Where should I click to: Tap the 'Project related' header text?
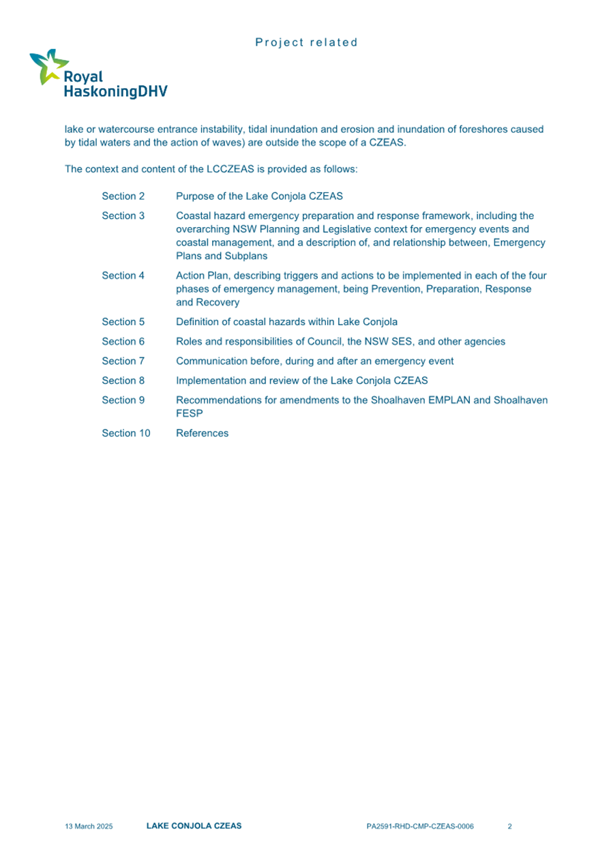[x=306, y=42]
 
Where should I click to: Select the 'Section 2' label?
[x=123, y=196]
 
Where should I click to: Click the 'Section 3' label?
[x=123, y=216]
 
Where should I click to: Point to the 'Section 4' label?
[x=123, y=275]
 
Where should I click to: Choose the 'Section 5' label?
[x=123, y=321]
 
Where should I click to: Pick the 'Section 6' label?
[x=123, y=341]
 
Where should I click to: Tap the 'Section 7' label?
[x=123, y=361]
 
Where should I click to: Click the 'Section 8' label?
[x=123, y=380]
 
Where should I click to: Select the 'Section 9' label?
[x=123, y=400]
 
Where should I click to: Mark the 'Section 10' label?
[x=126, y=433]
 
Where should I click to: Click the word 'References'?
[x=203, y=433]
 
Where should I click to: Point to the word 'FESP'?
[x=188, y=413]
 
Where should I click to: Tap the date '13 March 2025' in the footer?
[x=89, y=826]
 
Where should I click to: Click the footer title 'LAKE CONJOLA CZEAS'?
[x=194, y=826]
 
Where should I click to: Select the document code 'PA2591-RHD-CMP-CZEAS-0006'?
[x=419, y=826]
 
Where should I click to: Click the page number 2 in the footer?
[x=510, y=826]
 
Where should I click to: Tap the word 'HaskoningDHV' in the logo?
[x=115, y=91]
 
